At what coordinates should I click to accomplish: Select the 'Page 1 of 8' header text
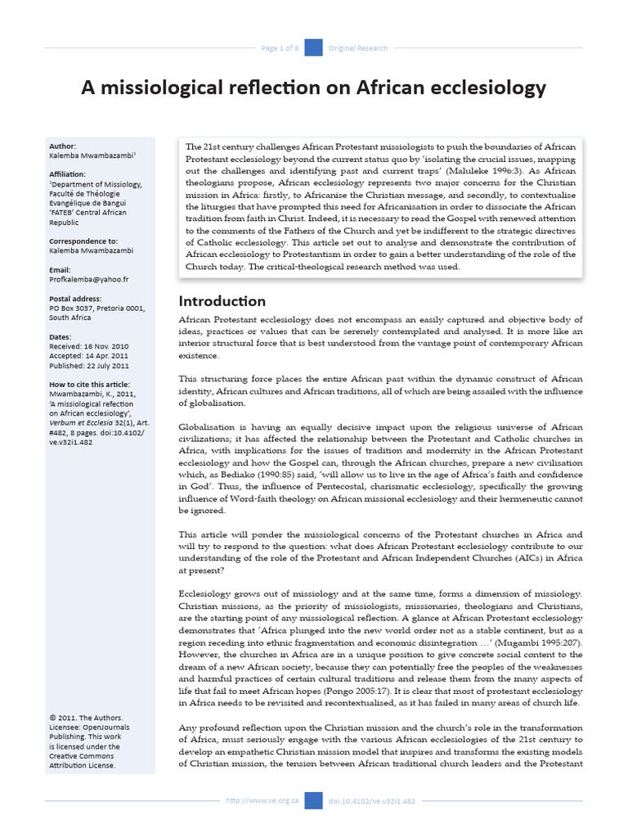click(x=280, y=48)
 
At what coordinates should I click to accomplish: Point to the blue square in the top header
click(x=313, y=47)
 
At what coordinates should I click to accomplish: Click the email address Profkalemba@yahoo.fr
click(x=89, y=279)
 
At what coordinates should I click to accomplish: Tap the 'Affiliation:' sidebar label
click(x=69, y=174)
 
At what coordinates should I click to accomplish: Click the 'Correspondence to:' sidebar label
click(x=83, y=241)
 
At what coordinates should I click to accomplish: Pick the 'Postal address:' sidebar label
click(x=77, y=299)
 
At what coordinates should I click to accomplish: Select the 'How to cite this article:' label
click(x=90, y=385)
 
